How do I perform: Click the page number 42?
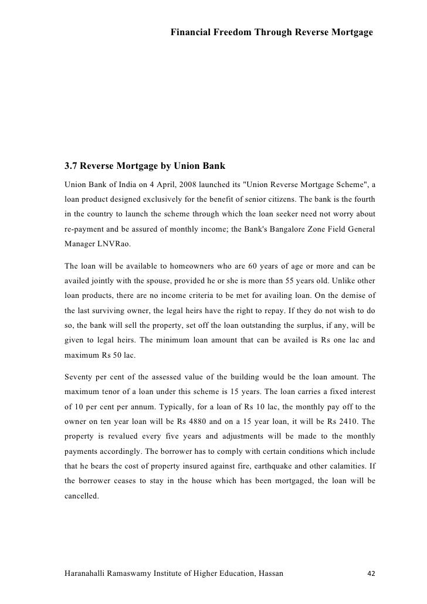370,572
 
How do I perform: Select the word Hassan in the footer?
268,572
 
